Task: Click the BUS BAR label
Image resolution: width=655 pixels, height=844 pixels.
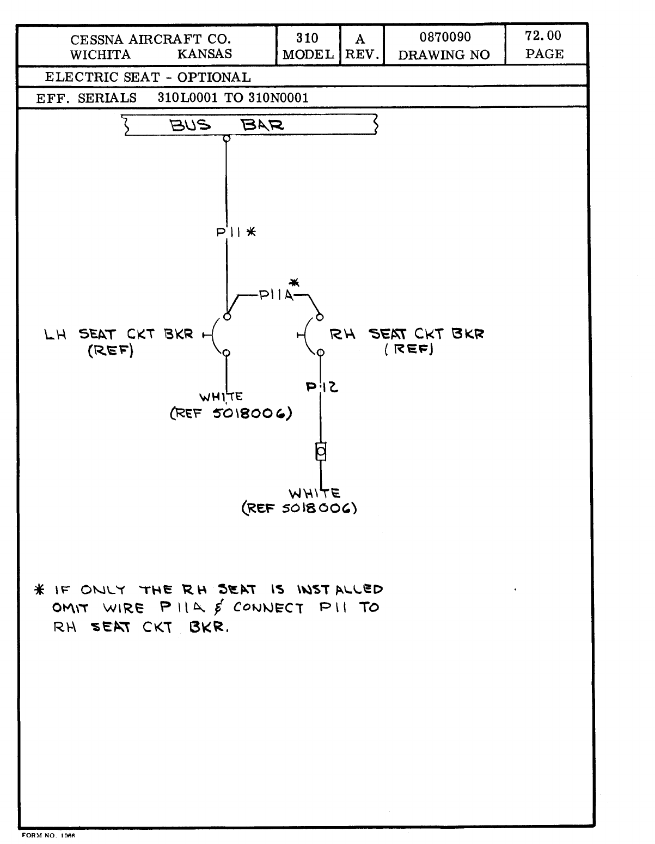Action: pyautogui.click(x=227, y=126)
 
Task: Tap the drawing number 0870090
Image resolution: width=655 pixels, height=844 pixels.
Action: pyautogui.click(x=445, y=38)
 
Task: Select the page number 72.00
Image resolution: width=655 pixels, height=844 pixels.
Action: pyautogui.click(x=543, y=36)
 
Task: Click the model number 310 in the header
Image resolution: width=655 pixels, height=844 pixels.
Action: pyautogui.click(x=307, y=38)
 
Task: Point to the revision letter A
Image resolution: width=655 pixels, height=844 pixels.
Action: pyautogui.click(x=360, y=39)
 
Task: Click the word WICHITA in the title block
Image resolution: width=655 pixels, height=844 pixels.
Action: pyautogui.click(x=101, y=54)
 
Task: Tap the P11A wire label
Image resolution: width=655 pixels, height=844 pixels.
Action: pyautogui.click(x=276, y=295)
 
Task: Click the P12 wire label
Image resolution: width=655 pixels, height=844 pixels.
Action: pyautogui.click(x=322, y=387)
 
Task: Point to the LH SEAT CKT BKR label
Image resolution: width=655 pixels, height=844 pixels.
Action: pyautogui.click(x=119, y=334)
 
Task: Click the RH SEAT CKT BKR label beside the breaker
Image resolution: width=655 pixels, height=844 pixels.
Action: pyautogui.click(x=407, y=334)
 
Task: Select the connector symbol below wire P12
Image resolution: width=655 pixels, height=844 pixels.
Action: pyautogui.click(x=321, y=452)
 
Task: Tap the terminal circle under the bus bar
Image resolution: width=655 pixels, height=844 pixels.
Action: pyautogui.click(x=227, y=138)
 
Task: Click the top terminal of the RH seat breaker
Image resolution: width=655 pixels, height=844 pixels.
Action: pyautogui.click(x=320, y=316)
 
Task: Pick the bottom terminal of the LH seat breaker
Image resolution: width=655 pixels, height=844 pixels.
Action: pyautogui.click(x=227, y=353)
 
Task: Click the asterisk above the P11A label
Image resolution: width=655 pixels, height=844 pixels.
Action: pyautogui.click(x=294, y=282)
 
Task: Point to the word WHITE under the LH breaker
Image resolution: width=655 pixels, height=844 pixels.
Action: pyautogui.click(x=221, y=397)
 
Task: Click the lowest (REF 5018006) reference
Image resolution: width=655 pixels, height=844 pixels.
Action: pyautogui.click(x=299, y=509)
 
